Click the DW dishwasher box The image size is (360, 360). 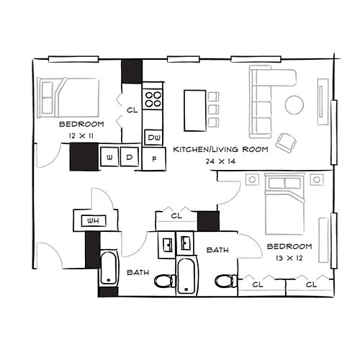(x=153, y=136)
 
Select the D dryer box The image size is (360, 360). (x=129, y=156)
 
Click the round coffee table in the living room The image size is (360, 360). (x=294, y=104)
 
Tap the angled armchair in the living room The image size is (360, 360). (x=286, y=141)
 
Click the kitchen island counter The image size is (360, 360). (x=194, y=109)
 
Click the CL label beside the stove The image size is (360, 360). (x=132, y=110)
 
